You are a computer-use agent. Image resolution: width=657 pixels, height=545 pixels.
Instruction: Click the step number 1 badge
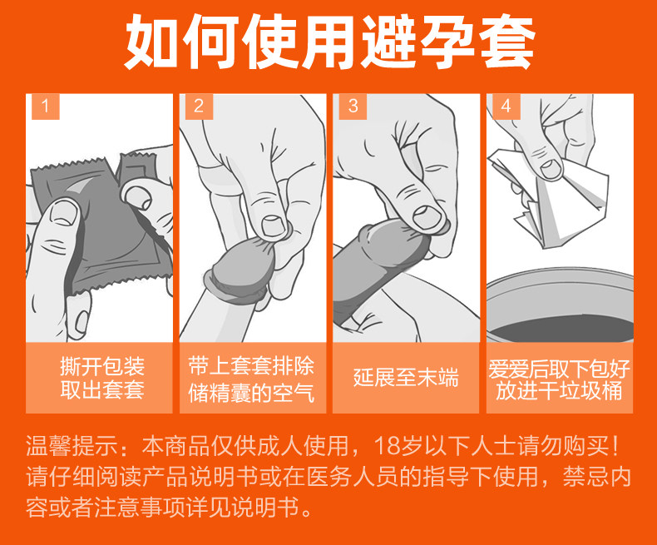click(46, 106)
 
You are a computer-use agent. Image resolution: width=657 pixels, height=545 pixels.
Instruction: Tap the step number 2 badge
click(199, 106)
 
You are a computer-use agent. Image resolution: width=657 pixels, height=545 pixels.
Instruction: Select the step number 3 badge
click(353, 106)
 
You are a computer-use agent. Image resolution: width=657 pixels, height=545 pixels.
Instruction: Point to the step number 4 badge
click(506, 106)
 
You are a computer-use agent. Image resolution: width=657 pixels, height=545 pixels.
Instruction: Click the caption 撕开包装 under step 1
click(102, 366)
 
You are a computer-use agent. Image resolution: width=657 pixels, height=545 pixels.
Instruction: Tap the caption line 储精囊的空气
click(251, 393)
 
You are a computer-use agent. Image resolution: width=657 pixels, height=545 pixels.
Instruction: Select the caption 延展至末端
click(406, 377)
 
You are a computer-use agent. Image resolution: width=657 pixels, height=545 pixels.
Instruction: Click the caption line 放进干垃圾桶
click(559, 390)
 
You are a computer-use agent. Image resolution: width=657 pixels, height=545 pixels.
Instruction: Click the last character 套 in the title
click(506, 41)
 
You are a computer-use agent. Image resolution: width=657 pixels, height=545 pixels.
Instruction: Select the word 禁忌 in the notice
click(585, 477)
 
